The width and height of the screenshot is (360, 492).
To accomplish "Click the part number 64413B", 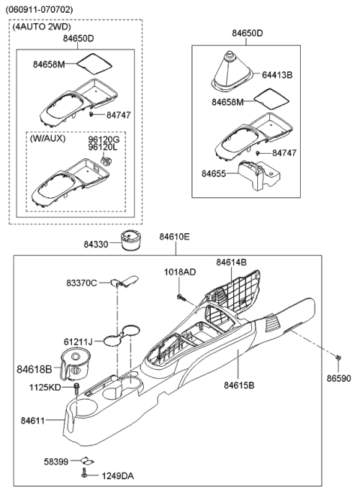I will click(278, 75).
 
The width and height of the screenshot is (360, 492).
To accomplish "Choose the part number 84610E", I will click(174, 237).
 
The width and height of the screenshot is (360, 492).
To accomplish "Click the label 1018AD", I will click(180, 272).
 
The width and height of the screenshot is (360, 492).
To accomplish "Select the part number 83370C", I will click(81, 283).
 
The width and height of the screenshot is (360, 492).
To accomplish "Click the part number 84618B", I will click(34, 370).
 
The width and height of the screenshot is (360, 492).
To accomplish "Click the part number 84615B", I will click(238, 385).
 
